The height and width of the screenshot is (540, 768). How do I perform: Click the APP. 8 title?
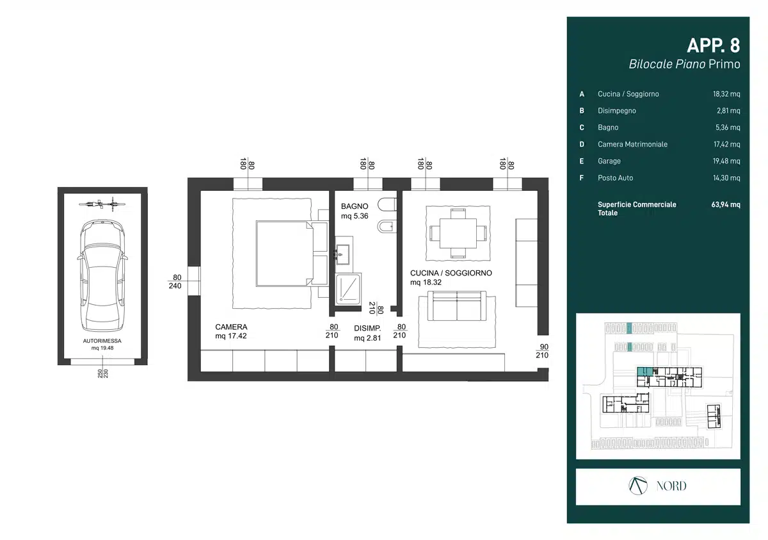coord(713,45)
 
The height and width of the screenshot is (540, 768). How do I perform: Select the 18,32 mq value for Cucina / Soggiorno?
coord(726,94)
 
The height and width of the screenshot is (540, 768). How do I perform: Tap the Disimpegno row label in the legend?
coord(617,111)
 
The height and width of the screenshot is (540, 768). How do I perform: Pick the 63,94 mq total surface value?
coord(726,205)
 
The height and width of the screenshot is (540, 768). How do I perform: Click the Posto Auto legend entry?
coord(616,178)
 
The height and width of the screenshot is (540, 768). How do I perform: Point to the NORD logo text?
coord(671,486)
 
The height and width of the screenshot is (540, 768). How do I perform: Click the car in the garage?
coord(102,275)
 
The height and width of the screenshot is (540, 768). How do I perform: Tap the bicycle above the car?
coord(102,204)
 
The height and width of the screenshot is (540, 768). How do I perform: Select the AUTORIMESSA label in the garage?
coord(102,341)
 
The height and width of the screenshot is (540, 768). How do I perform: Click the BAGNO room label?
coord(355,206)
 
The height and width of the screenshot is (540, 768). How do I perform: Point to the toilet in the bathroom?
coord(387,204)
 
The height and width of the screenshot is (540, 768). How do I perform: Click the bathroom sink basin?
coord(342,254)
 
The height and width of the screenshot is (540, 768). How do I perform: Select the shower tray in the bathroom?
coord(348,289)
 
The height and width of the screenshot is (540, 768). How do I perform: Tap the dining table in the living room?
coord(458,233)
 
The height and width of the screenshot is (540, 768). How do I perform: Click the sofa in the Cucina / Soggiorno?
coord(457,306)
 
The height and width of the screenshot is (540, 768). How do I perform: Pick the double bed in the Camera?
coord(285,254)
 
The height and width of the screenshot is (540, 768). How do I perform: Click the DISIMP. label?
coord(367,329)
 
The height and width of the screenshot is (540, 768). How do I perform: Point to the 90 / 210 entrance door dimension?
coord(543,351)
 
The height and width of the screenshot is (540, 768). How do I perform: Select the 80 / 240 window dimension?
coord(175,282)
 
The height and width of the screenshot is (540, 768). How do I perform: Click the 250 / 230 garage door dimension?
coord(102,373)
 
